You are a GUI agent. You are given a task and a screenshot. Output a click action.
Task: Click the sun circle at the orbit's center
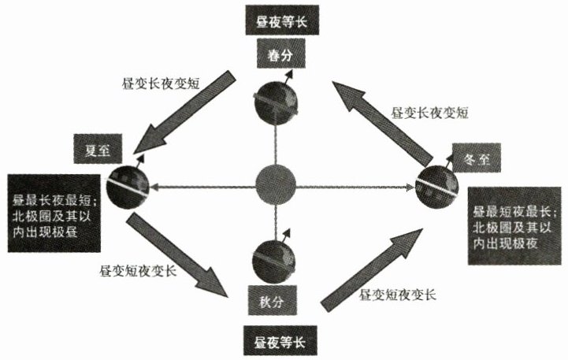(x=276, y=187)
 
